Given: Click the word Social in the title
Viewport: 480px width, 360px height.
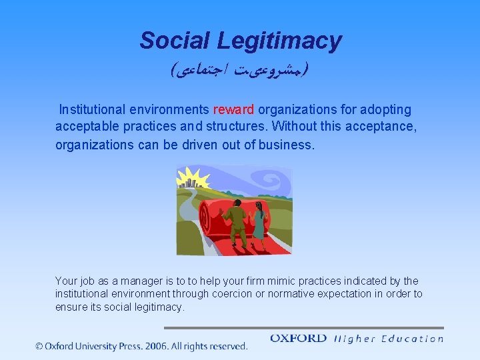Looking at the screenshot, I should coord(175,41).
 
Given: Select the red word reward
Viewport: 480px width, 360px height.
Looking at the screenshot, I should coord(233,110).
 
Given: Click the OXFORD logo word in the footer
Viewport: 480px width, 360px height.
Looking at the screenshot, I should coord(298,339).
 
